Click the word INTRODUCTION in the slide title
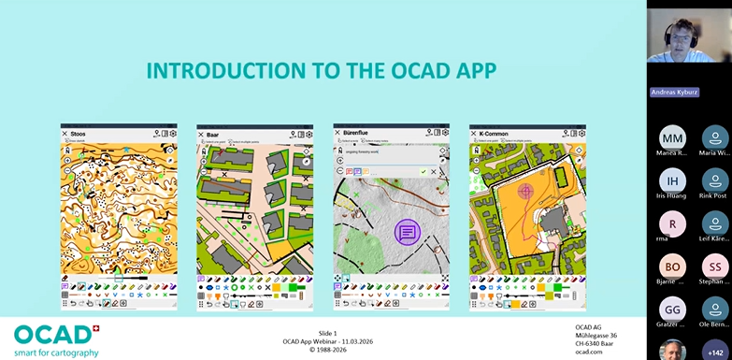tap(212, 71)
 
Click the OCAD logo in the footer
tap(54, 334)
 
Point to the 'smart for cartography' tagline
tap(56, 353)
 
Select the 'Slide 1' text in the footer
tap(326, 334)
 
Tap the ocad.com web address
tap(588, 352)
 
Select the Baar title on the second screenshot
tap(214, 134)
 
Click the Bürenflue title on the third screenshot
tap(358, 134)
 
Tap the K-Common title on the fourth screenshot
tap(494, 134)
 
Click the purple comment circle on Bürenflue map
tap(407, 231)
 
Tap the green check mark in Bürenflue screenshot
tap(423, 171)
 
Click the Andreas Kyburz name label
tap(675, 93)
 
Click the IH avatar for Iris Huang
tap(672, 180)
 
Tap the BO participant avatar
tap(672, 266)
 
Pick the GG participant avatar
tap(672, 310)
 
